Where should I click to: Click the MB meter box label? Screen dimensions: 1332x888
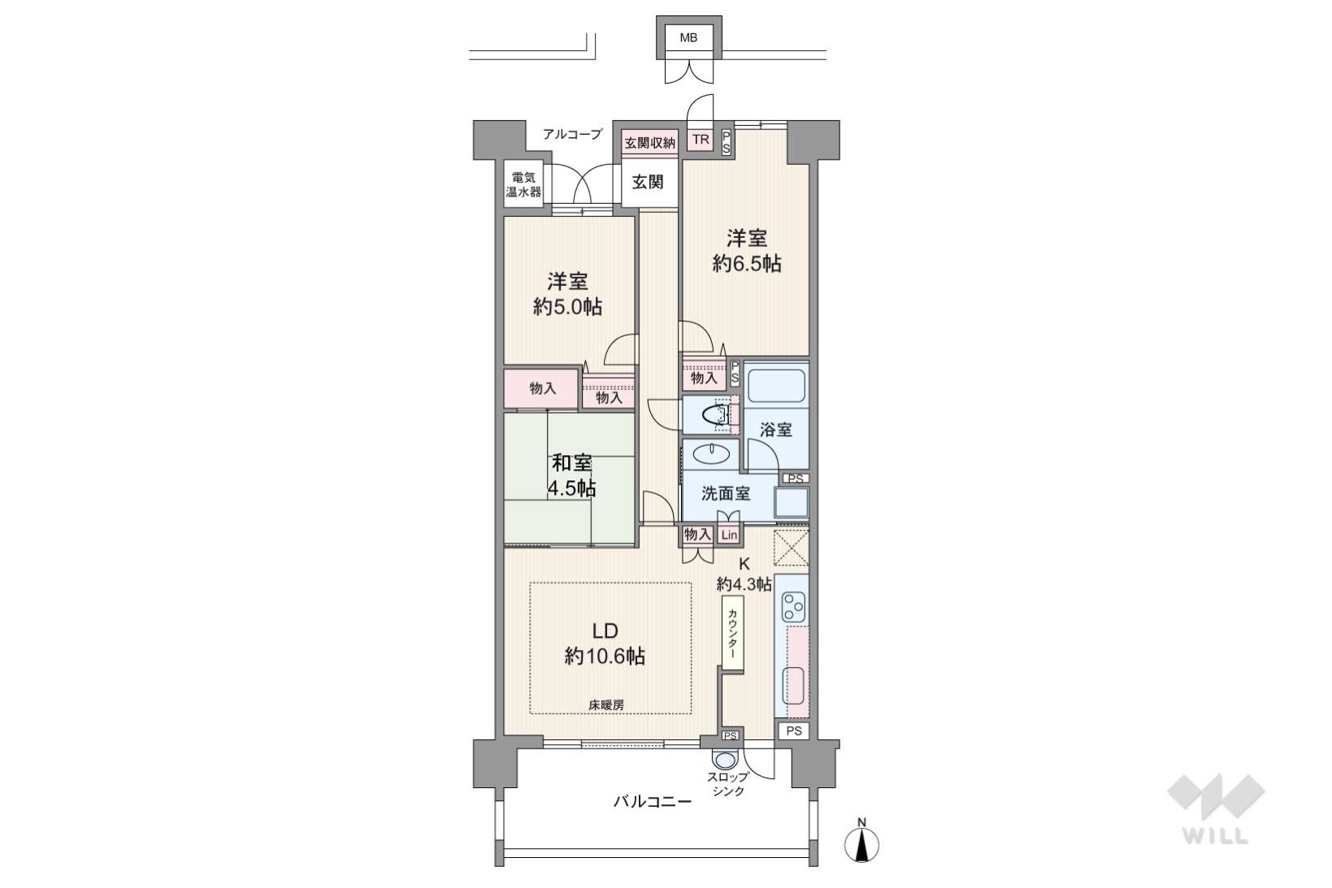[x=688, y=37]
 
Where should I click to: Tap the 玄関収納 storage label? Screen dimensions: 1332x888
[x=649, y=143]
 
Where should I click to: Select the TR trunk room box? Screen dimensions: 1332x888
[x=701, y=141]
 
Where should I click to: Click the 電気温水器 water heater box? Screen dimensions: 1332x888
[x=523, y=184]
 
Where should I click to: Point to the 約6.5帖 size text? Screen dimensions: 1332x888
[x=747, y=263]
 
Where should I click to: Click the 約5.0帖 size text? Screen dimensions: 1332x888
[x=567, y=307]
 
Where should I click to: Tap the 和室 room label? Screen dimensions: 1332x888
[x=571, y=463]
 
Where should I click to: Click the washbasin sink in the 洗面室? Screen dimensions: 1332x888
[x=711, y=455]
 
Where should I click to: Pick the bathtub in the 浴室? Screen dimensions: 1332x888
[x=776, y=387]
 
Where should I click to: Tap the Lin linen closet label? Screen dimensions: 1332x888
[x=729, y=535]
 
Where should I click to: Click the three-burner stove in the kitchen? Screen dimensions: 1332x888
[x=792, y=606]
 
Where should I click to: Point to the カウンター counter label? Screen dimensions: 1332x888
[x=732, y=634]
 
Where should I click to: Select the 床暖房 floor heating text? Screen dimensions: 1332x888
[x=606, y=705]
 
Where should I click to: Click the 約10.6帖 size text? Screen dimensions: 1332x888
[x=605, y=656]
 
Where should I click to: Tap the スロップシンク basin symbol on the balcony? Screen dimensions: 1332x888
[x=725, y=760]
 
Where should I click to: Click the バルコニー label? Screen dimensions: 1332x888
[x=653, y=802]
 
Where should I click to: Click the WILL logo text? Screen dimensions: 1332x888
[x=1215, y=835]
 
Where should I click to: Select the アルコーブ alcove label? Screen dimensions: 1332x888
[x=572, y=134]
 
